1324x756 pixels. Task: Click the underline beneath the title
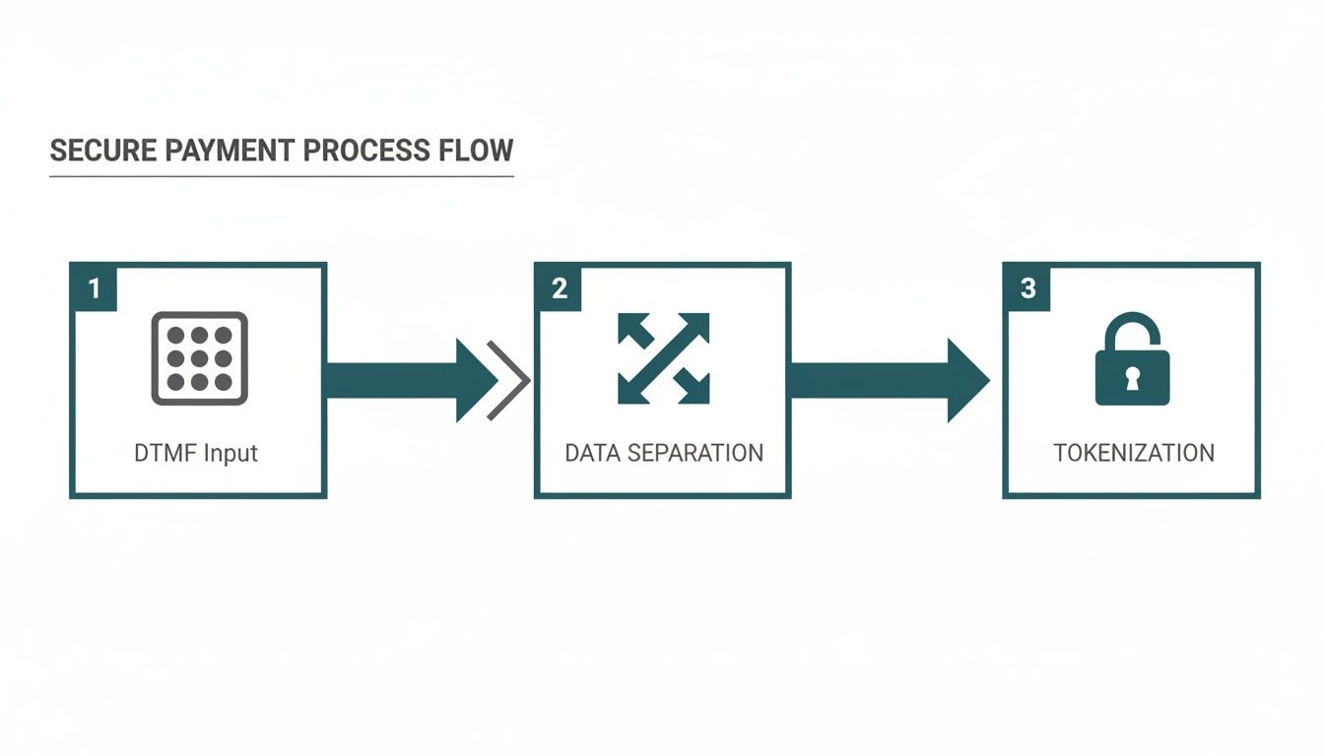(x=281, y=176)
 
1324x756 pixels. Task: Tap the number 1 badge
(x=95, y=288)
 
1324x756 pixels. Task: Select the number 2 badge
(x=560, y=288)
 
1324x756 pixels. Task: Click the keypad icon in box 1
(x=199, y=358)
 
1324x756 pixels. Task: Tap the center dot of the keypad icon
(x=199, y=358)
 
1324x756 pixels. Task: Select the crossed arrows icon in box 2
(x=663, y=358)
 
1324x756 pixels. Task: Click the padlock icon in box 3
(x=1132, y=360)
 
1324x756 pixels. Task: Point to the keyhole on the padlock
(x=1132, y=377)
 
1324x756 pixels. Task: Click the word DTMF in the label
(x=163, y=454)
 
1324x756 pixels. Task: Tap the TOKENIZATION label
(x=1133, y=454)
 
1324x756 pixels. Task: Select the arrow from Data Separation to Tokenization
(x=887, y=381)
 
